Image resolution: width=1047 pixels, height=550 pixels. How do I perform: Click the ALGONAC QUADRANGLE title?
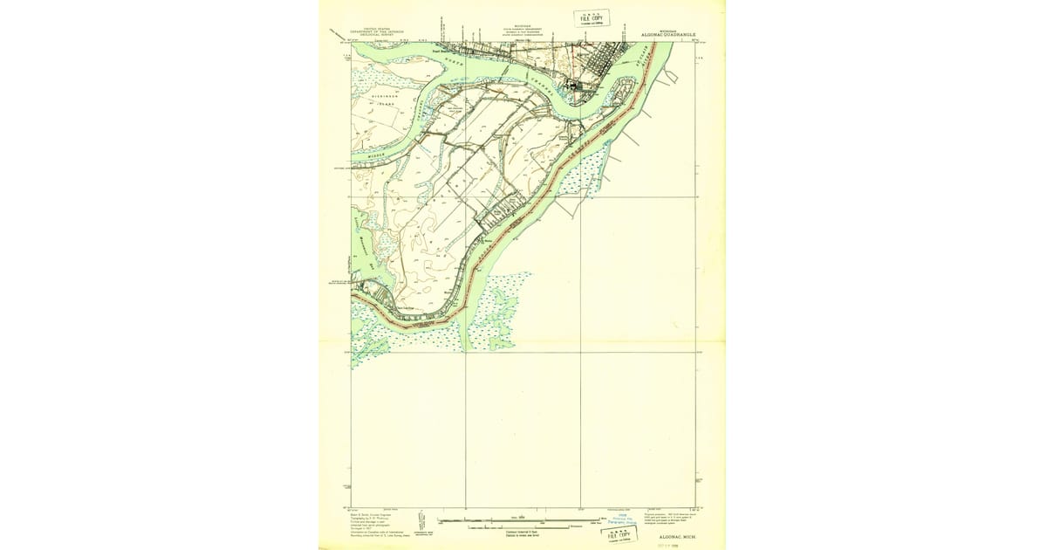668,34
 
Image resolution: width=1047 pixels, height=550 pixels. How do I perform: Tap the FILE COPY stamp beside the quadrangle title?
591,18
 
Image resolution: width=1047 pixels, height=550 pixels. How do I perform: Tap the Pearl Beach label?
446,51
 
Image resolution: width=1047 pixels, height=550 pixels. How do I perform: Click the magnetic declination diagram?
420,522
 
